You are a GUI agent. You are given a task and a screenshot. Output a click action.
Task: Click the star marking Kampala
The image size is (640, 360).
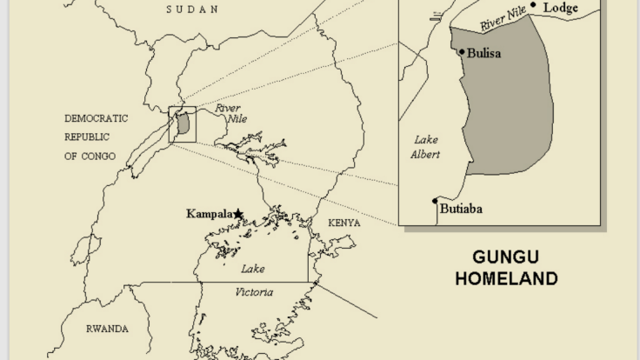coord(238,213)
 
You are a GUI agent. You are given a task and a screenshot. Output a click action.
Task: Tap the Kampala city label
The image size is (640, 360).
coord(210,214)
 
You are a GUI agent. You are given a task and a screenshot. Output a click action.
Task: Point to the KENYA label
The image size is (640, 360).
coord(343,223)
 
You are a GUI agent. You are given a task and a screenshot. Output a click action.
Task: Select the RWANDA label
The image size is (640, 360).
coord(107,329)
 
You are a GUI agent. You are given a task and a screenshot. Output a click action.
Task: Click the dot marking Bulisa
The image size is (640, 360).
coord(460,51)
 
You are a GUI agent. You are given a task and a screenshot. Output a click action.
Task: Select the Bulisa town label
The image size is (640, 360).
coord(484,52)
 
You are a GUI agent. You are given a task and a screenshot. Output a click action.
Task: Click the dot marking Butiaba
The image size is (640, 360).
coord(435,202)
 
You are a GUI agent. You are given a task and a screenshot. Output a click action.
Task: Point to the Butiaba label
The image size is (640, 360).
coord(462,209)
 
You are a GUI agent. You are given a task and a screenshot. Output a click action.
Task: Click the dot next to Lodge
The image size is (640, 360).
coord(533,5)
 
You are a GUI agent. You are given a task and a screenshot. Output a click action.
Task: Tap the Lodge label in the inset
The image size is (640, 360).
coord(561,7)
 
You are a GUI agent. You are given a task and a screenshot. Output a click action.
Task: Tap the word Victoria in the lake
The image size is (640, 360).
coord(254,292)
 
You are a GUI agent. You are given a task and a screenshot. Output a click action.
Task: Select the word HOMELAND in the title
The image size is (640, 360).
coord(514,279)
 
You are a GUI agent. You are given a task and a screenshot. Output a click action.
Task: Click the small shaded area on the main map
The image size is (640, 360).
coord(184,123)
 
